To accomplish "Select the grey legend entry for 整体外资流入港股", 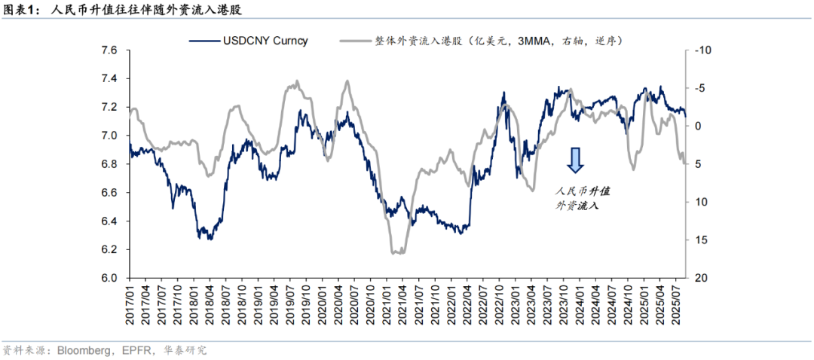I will coord(497,40).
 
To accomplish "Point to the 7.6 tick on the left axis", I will coord(110,50).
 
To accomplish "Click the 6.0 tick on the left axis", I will coord(110,278).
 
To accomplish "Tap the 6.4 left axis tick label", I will coord(110,221).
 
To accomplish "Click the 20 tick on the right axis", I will coord(699,278).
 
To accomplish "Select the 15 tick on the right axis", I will coord(699,240).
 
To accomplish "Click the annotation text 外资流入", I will coord(577,205).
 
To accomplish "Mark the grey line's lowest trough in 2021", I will coord(397,253).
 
